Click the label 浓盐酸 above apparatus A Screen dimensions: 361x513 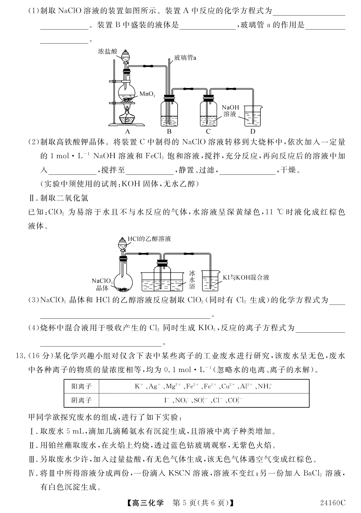pos(108,51)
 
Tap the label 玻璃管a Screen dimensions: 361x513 pos(185,58)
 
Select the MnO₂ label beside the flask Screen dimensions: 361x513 pos(147,94)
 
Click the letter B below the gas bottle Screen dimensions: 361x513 pos(169,131)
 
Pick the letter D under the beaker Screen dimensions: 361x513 pos(253,131)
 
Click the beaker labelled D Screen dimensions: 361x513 pos(253,116)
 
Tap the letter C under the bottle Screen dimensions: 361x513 pos(208,131)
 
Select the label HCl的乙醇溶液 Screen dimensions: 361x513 pos(149,239)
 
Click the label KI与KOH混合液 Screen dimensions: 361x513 pos(246,278)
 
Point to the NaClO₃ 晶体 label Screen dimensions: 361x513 pos(102,284)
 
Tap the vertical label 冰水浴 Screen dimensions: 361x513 pos(192,280)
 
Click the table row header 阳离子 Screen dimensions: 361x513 pos(81,386)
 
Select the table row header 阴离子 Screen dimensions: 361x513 pos(81,400)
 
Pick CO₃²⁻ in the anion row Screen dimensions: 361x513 pos(236,400)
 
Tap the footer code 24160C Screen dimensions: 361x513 pos(333,502)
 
